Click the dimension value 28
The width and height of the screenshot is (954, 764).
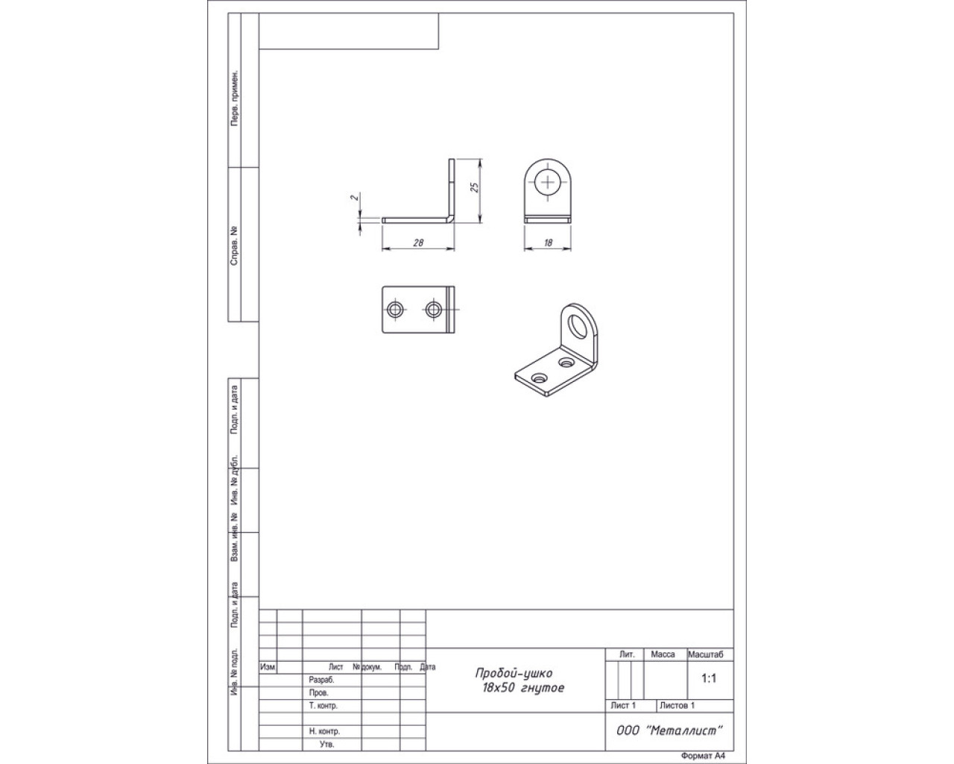[418, 242]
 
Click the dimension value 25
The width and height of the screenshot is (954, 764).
[474, 187]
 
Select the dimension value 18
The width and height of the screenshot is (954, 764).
[549, 242]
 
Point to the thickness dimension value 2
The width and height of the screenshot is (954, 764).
[355, 197]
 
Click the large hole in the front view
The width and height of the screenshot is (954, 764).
[548, 182]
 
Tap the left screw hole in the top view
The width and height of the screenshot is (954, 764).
[394, 310]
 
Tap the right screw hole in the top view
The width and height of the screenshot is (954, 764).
[433, 310]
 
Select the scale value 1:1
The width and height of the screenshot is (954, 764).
[709, 678]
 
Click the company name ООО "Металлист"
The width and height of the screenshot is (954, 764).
[669, 730]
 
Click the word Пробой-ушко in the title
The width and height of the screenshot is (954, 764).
[514, 673]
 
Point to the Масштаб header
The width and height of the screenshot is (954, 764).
[705, 654]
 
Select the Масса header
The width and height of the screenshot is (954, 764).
[663, 654]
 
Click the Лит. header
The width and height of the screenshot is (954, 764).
[627, 654]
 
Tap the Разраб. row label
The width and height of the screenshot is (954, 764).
[321, 680]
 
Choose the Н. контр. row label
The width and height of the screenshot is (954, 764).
[324, 731]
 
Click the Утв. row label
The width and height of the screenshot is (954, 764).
[326, 744]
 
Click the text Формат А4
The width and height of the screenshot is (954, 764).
[703, 756]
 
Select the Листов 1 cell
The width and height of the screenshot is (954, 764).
[677, 705]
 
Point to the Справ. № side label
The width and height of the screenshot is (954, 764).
[233, 246]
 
